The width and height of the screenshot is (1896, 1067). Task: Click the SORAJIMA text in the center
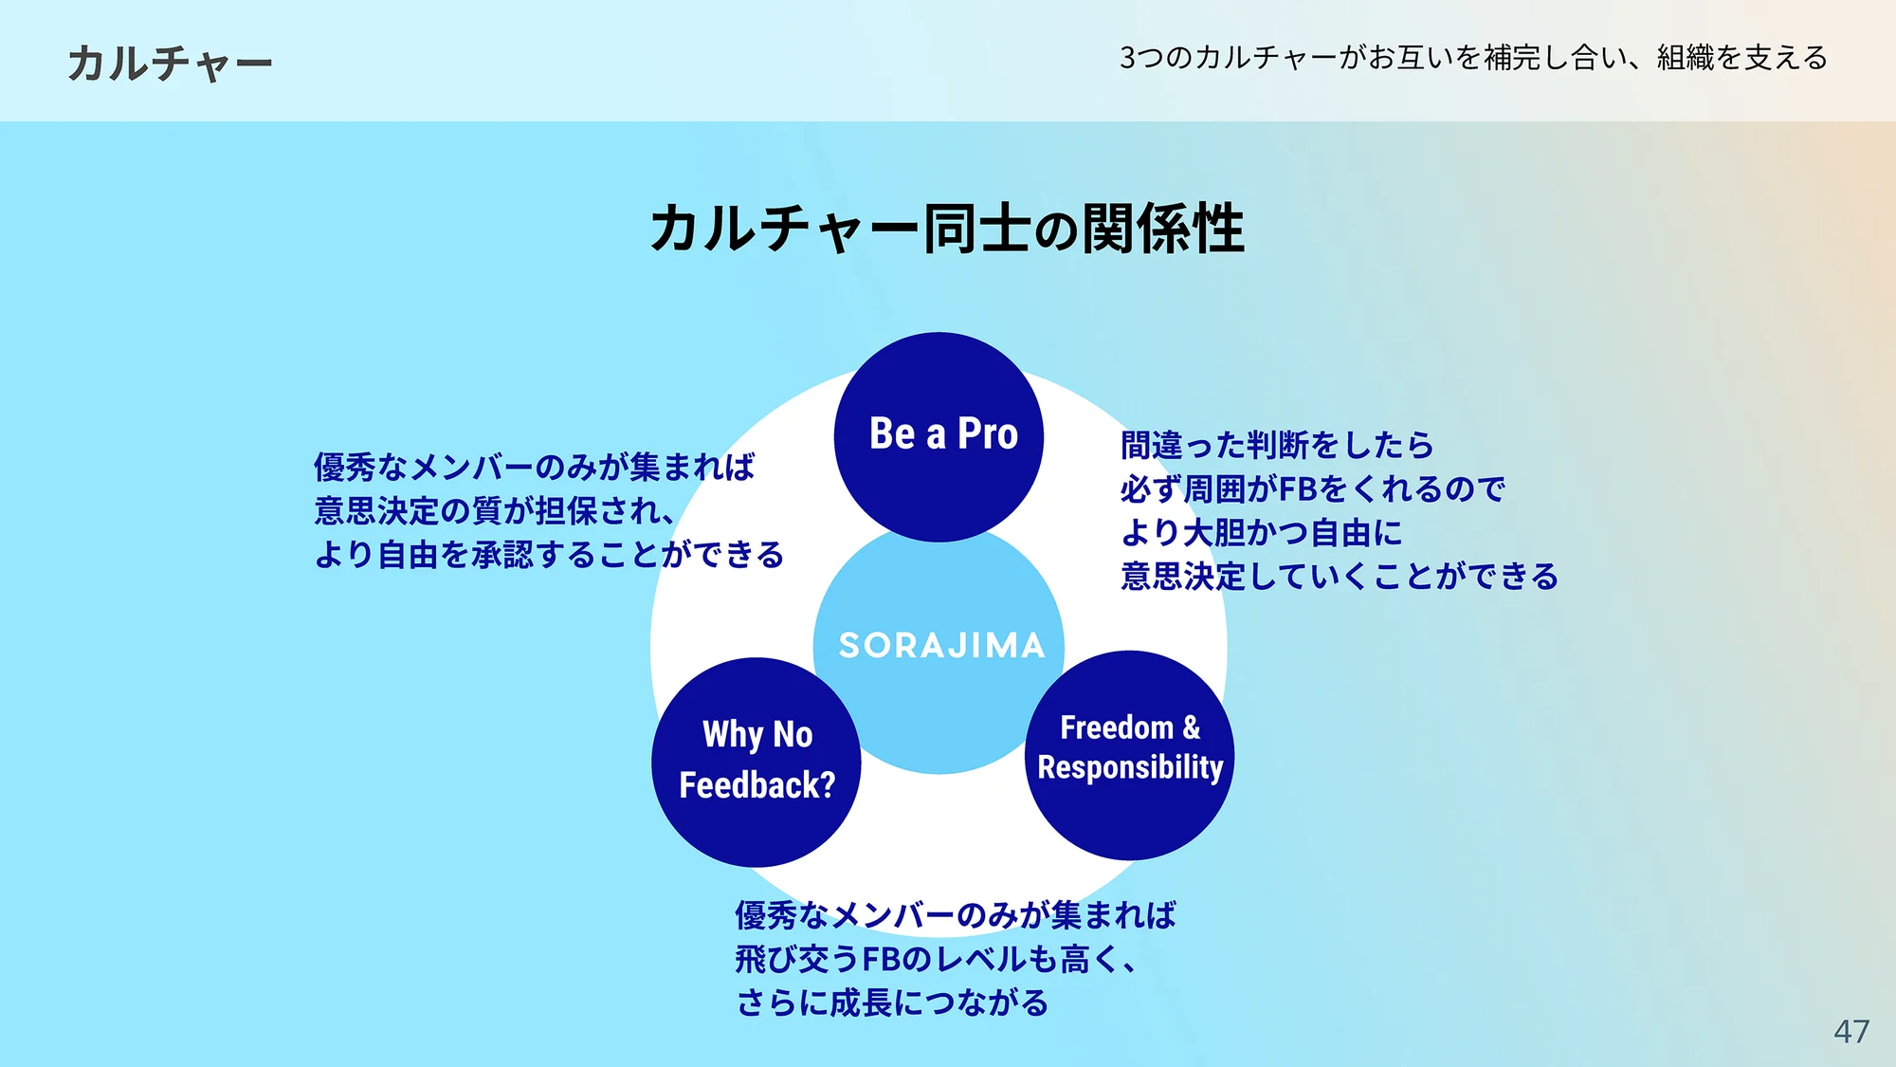click(x=941, y=646)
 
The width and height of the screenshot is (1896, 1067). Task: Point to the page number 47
click(x=1850, y=1031)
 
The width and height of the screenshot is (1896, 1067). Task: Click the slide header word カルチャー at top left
click(x=170, y=64)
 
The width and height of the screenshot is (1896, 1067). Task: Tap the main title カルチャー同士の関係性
click(x=946, y=229)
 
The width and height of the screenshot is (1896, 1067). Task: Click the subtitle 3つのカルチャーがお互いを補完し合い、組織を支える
click(x=1473, y=59)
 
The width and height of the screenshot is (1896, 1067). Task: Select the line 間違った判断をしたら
click(x=1277, y=445)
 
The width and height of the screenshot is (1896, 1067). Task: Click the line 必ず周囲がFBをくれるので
click(x=1312, y=489)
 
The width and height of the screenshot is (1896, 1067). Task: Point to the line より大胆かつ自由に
click(x=1261, y=533)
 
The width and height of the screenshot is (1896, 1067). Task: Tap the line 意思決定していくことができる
click(x=1339, y=577)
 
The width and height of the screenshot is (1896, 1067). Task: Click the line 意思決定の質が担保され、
click(x=494, y=511)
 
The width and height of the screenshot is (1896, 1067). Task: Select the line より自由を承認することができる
click(x=549, y=555)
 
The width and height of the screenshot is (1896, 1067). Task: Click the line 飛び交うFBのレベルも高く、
click(x=935, y=960)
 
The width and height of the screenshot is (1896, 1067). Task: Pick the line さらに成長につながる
click(x=892, y=1003)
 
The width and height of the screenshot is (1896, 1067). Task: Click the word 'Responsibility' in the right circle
click(x=1130, y=767)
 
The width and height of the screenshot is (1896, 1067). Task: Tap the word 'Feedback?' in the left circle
click(x=757, y=785)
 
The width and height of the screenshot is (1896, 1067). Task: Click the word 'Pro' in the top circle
click(x=988, y=433)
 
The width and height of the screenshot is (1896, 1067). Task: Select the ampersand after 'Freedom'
click(x=1192, y=727)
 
